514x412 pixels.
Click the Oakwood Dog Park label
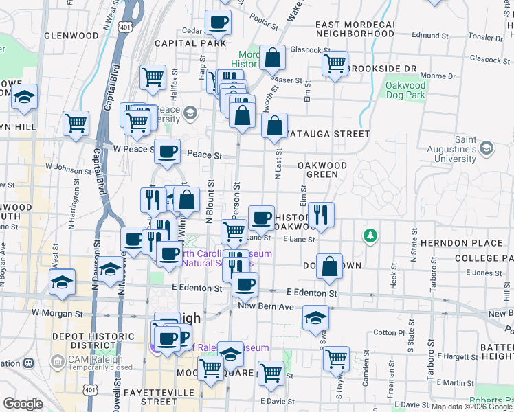[405, 91]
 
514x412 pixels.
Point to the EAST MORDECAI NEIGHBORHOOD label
[355, 29]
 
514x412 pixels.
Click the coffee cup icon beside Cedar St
[218, 22]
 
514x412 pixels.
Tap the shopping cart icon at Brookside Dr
[335, 64]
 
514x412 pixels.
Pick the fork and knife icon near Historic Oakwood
[321, 214]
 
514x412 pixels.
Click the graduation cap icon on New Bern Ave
[315, 317]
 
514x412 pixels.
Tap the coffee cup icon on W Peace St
[167, 151]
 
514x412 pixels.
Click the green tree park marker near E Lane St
[371, 236]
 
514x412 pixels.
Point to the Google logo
[23, 404]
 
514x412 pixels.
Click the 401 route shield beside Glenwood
[124, 27]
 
